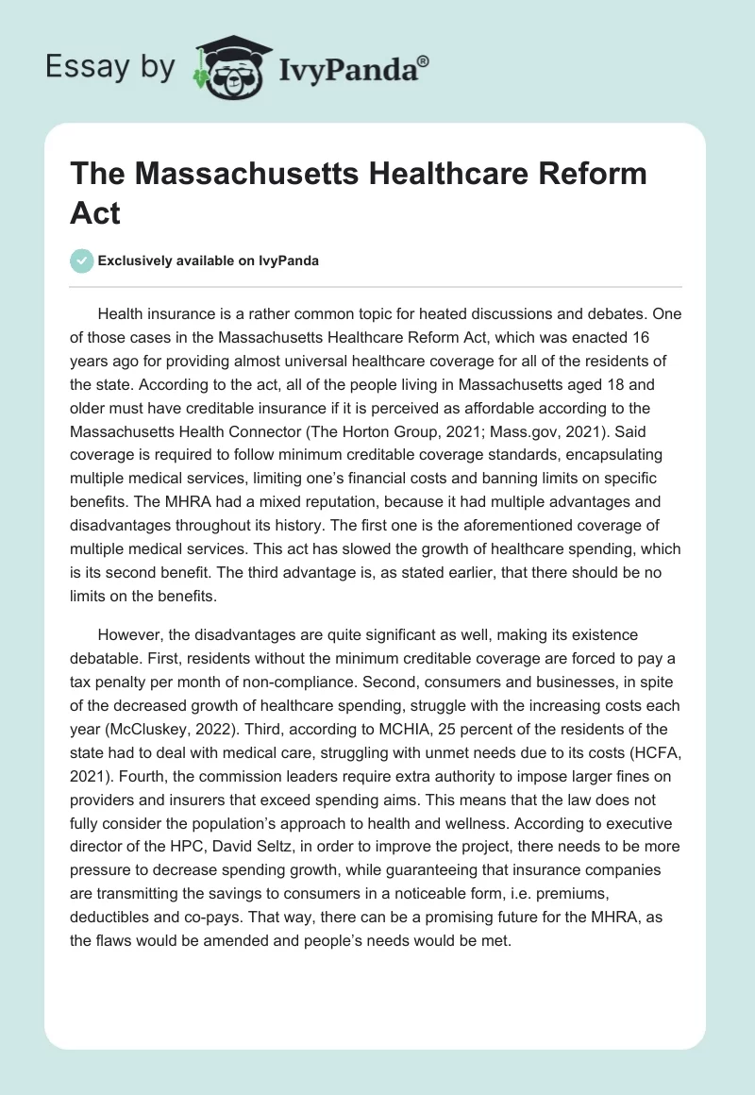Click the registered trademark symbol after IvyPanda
[x=424, y=60]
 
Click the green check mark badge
[x=82, y=261]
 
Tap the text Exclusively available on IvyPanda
[x=209, y=261]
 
